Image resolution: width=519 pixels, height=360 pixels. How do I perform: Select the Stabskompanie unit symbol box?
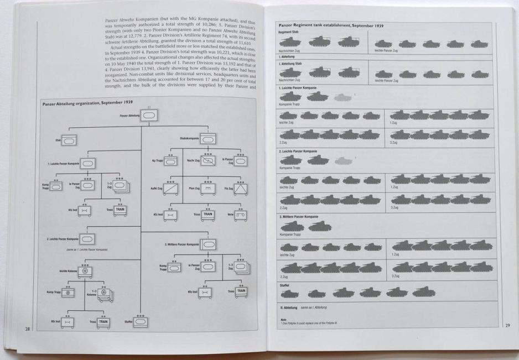coord(207,140)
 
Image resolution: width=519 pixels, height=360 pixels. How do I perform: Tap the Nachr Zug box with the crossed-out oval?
coord(207,161)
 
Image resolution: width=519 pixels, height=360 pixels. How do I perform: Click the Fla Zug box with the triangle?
coord(241,189)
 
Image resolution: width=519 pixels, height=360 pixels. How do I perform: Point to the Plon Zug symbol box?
coord(207,189)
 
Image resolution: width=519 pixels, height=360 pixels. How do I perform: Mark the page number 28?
coord(27,329)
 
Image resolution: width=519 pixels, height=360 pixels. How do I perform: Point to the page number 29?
coord(507,326)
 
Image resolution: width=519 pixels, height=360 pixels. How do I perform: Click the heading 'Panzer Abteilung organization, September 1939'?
coord(86,103)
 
